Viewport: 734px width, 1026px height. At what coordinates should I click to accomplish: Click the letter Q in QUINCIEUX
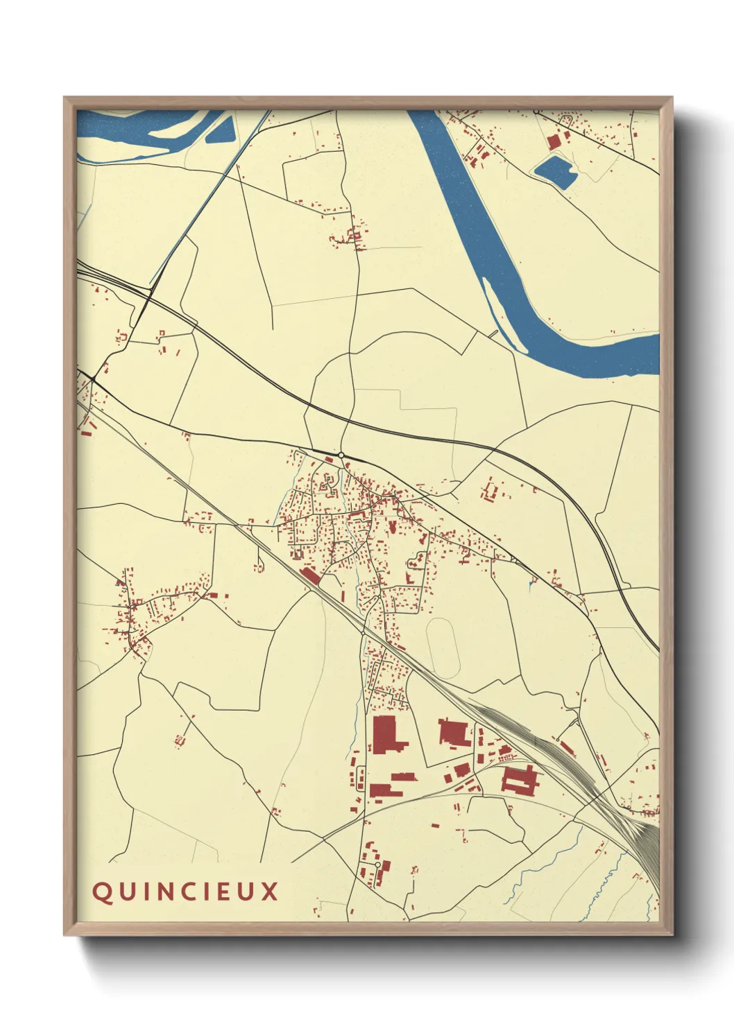point(102,892)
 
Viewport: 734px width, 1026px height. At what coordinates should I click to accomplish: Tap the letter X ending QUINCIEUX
point(270,892)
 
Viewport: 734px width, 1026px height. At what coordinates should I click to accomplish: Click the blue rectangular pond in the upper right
point(554,171)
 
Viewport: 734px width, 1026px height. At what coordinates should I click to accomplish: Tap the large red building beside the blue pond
point(553,141)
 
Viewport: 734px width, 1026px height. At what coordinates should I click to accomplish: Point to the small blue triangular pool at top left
point(221,130)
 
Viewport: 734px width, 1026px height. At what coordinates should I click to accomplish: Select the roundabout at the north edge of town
point(341,455)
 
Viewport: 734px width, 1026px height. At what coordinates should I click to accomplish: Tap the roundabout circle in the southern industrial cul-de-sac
point(377,864)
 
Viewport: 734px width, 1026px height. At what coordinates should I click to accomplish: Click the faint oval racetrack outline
point(443,648)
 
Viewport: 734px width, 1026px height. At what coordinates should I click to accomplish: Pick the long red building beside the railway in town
point(310,575)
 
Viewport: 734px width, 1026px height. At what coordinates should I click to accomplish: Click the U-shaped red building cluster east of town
point(490,491)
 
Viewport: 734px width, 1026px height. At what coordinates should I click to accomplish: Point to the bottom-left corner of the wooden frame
point(65,933)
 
